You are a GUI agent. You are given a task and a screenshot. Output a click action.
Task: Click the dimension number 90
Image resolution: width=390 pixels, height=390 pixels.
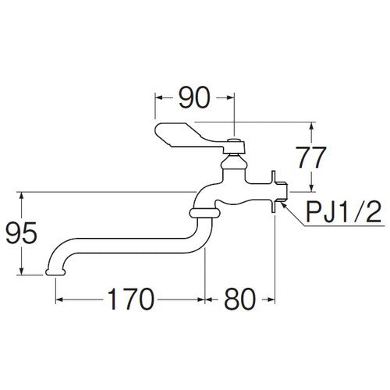(195, 98)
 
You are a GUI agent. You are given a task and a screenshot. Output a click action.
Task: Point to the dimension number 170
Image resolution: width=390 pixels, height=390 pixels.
(129, 299)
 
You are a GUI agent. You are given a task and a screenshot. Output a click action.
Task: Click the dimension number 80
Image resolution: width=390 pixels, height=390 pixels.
(239, 299)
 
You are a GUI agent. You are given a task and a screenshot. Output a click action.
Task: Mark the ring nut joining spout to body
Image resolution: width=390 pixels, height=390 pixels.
(202, 211)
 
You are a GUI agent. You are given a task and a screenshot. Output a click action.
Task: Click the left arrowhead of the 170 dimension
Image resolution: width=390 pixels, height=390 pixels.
(58, 299)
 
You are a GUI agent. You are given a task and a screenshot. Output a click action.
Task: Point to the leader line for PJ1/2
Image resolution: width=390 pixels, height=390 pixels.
(295, 204)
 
